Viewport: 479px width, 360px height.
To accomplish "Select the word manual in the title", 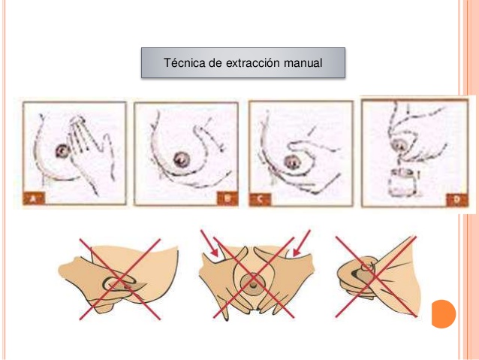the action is [x=303, y=63].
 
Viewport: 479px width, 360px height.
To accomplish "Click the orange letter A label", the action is [x=34, y=199].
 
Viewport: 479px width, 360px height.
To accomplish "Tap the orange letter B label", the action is [x=227, y=198].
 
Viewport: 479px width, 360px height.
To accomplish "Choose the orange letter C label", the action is [x=260, y=199].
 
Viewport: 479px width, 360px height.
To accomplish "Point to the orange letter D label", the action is [x=456, y=200].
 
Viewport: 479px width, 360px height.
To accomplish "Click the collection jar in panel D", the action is [x=403, y=183].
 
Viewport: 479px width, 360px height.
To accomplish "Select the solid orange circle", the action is [x=444, y=314].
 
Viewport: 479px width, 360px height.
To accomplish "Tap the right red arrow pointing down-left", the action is [x=301, y=244].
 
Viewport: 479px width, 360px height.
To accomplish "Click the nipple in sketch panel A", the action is [x=62, y=151].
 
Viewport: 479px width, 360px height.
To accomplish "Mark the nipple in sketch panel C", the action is [x=292, y=162].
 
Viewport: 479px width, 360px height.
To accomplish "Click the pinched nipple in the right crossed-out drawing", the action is [x=366, y=268].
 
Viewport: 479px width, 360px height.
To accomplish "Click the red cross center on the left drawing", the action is [x=120, y=280].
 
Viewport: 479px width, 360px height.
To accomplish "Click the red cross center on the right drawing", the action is [x=375, y=277].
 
